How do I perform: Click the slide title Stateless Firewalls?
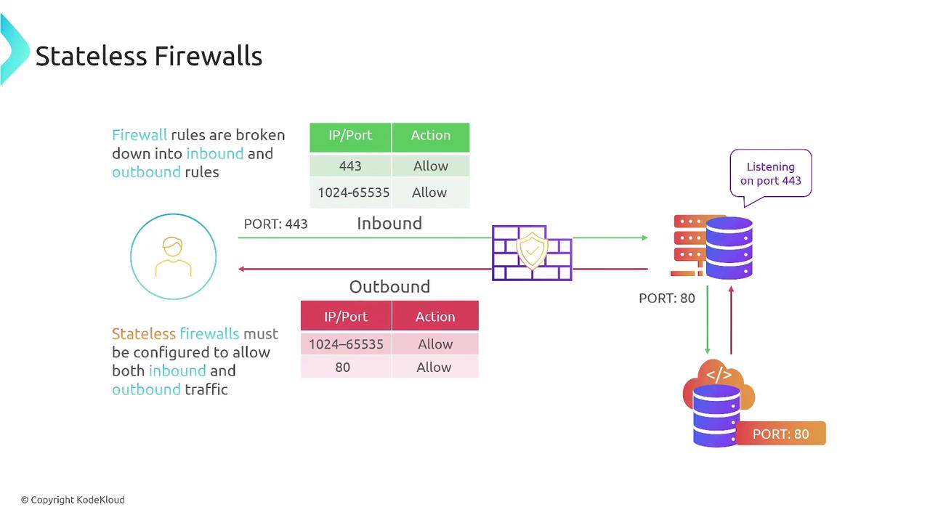[x=149, y=56]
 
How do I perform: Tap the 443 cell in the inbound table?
[x=350, y=166]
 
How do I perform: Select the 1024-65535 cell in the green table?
[x=353, y=192]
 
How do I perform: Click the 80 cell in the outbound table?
[x=343, y=367]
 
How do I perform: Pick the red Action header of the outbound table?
[x=435, y=317]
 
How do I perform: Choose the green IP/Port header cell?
[x=350, y=135]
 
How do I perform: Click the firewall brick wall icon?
[x=532, y=253]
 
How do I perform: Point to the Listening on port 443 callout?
[x=770, y=174]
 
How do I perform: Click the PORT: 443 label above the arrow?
[x=275, y=224]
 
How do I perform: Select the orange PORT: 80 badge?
[x=781, y=434]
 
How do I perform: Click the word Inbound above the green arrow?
[x=389, y=223]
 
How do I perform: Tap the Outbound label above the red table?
[x=389, y=286]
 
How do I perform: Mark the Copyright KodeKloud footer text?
[x=73, y=500]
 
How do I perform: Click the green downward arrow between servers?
[x=707, y=320]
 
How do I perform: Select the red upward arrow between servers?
[x=731, y=320]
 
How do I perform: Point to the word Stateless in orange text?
[x=144, y=333]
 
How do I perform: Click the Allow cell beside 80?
[x=434, y=367]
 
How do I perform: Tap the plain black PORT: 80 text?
[x=667, y=298]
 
